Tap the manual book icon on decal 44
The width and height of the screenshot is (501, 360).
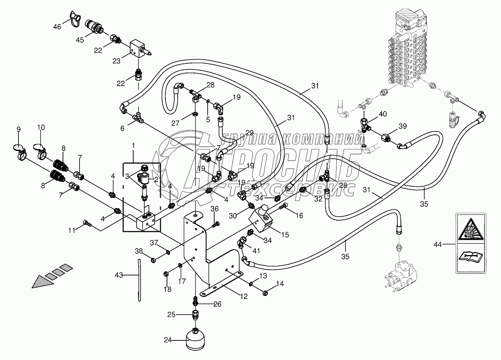(x=470, y=257)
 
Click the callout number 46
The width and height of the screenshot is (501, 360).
(x=57, y=27)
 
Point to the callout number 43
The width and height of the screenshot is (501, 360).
(x=119, y=275)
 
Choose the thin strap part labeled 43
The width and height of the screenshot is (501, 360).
(x=139, y=280)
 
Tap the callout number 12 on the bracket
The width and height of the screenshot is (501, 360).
(x=244, y=296)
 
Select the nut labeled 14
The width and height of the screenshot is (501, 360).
(x=265, y=293)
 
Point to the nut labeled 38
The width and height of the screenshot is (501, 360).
(x=153, y=260)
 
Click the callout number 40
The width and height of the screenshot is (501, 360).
(x=383, y=114)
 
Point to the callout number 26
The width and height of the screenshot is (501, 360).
(x=217, y=304)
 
